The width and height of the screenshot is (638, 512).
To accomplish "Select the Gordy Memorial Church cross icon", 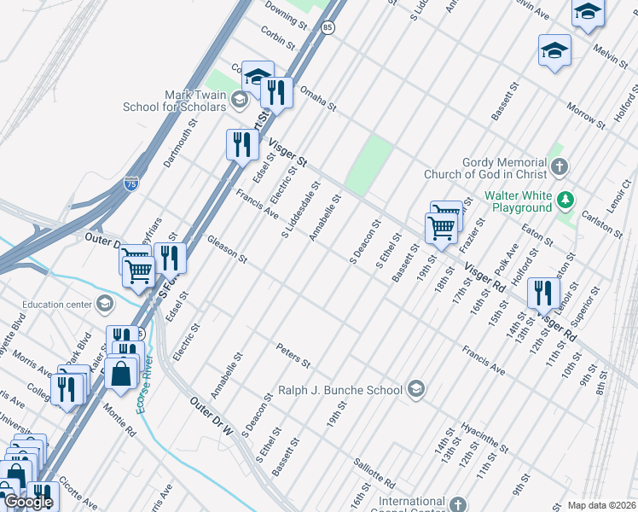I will coord(559,166).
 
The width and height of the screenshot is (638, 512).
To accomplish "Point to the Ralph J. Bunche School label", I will coord(339,390).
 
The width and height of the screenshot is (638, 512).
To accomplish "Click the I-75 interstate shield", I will coord(130,183).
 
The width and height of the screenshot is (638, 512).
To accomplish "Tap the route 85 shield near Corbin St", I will coord(328,28).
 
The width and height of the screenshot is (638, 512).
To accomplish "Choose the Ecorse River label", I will coord(148,384).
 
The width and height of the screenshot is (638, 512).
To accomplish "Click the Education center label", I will coord(55,304).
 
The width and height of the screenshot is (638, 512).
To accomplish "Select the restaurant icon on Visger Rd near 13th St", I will coord(542,293).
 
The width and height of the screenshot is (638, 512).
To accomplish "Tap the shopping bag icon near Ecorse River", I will coord(121,372).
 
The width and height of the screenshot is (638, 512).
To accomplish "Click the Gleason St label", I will coord(226,248).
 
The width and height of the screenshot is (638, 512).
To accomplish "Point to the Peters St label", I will coord(293,355).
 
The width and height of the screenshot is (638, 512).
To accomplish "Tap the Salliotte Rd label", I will coord(373,470).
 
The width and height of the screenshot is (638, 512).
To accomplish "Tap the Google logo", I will coord(28,502).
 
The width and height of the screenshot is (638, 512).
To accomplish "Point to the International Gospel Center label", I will coord(412,501).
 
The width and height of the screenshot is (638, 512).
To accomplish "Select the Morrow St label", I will coord(586,117).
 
